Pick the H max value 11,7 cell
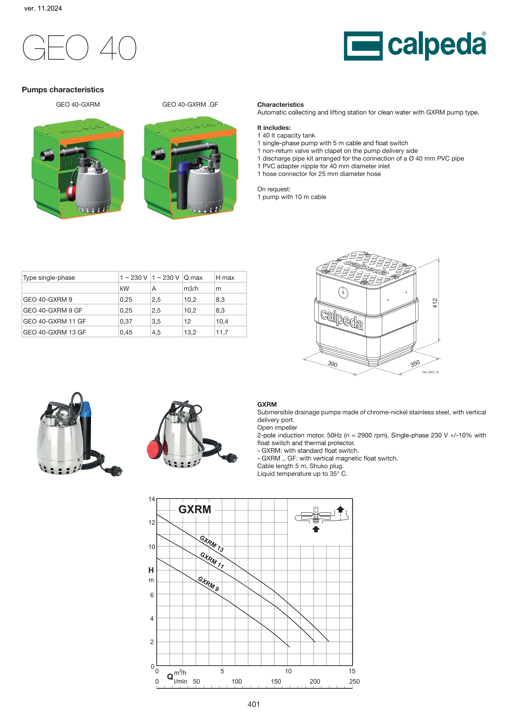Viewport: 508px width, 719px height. pos(222,332)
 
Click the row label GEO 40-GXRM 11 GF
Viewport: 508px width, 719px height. pos(54,321)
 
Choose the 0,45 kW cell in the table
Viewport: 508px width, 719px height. pos(126,332)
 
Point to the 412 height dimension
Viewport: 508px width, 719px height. pos(435,303)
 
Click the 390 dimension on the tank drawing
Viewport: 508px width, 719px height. pos(332,364)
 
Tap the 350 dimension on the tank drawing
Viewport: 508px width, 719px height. pos(415,363)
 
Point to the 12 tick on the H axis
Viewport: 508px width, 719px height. pos(152,522)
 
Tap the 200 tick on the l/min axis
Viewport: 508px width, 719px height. pos(315,682)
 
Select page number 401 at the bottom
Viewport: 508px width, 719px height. pos(253,704)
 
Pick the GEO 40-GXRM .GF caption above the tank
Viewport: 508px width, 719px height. pos(190,104)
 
